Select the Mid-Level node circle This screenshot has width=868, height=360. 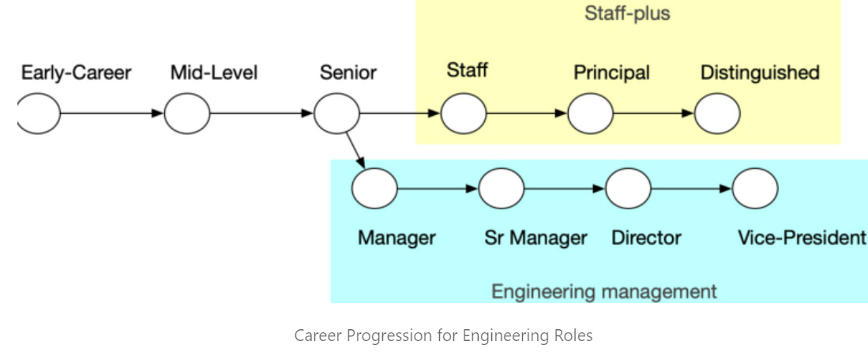pyautogui.click(x=187, y=114)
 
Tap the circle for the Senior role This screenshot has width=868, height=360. pyautogui.click(x=336, y=114)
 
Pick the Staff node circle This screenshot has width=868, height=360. pyautogui.click(x=464, y=114)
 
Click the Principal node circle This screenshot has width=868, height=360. pyautogui.click(x=590, y=114)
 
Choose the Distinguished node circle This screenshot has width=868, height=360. pyautogui.click(x=717, y=114)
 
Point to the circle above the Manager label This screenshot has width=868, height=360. pyautogui.click(x=374, y=189)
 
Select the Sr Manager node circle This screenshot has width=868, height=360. pyautogui.click(x=502, y=189)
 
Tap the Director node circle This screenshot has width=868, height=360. pyautogui.click(x=628, y=189)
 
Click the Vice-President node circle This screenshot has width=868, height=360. pyautogui.click(x=755, y=189)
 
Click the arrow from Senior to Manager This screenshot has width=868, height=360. pyautogui.click(x=355, y=150)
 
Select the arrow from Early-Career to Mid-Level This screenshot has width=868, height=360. pyautogui.click(x=112, y=114)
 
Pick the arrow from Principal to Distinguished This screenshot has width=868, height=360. pyautogui.click(x=654, y=114)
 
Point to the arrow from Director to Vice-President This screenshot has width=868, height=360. pyautogui.click(x=692, y=189)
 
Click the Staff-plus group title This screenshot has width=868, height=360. pyautogui.click(x=627, y=13)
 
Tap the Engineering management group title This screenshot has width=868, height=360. pyautogui.click(x=604, y=291)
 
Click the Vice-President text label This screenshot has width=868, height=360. pyautogui.click(x=801, y=238)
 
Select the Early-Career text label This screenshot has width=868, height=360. pyautogui.click(x=76, y=73)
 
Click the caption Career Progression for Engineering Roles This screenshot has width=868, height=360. pyautogui.click(x=443, y=336)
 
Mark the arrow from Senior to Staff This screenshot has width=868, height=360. pyautogui.click(x=400, y=114)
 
